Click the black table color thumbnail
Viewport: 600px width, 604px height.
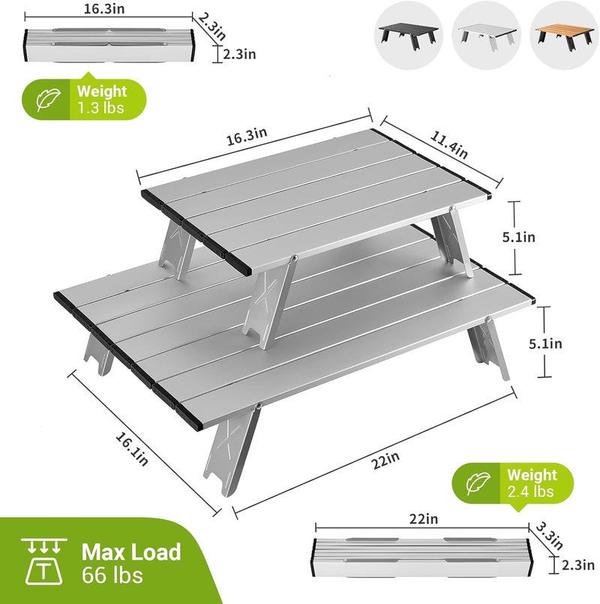pos(408,35)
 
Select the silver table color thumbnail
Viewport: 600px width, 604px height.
pos(487,35)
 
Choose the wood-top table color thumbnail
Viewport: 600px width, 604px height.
pos(565,35)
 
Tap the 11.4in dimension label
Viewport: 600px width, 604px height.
pos(449,146)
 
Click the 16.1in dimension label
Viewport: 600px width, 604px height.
pos(132,449)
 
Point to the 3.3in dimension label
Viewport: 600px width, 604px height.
pos(550,536)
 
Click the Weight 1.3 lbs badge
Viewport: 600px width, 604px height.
pos(84,99)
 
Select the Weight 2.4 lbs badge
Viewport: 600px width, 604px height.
pos(512,483)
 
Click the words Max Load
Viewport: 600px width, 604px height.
pos(131,552)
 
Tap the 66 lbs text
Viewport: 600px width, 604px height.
pos(112,575)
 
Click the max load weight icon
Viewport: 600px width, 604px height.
pos(44,562)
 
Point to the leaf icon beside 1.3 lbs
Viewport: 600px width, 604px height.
pos(48,100)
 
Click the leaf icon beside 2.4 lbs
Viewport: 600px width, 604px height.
pos(478,483)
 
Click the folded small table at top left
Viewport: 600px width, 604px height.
pos(109,46)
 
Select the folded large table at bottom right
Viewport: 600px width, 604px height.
pos(422,557)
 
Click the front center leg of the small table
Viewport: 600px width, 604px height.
pos(269,302)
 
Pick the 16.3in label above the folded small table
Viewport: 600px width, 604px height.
pos(104,9)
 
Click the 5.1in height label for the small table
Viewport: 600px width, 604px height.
pos(519,237)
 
